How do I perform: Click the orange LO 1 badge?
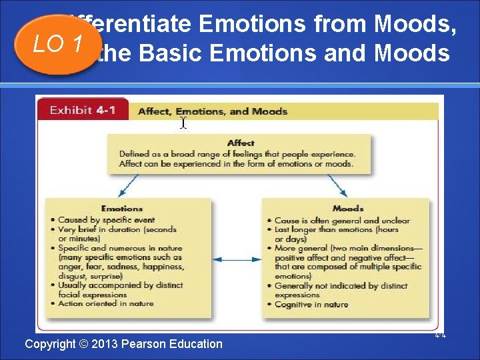[x=58, y=44]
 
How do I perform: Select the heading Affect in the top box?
[x=240, y=143]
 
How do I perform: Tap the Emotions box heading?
[x=121, y=209]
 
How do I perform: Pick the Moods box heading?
[x=347, y=209]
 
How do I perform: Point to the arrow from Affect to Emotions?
[x=130, y=185]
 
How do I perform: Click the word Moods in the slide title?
[x=415, y=24]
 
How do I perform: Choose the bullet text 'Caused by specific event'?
[x=106, y=220]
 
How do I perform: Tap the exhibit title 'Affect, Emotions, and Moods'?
[x=212, y=111]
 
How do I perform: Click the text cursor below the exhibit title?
[x=183, y=123]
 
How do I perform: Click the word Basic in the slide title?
[x=171, y=53]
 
